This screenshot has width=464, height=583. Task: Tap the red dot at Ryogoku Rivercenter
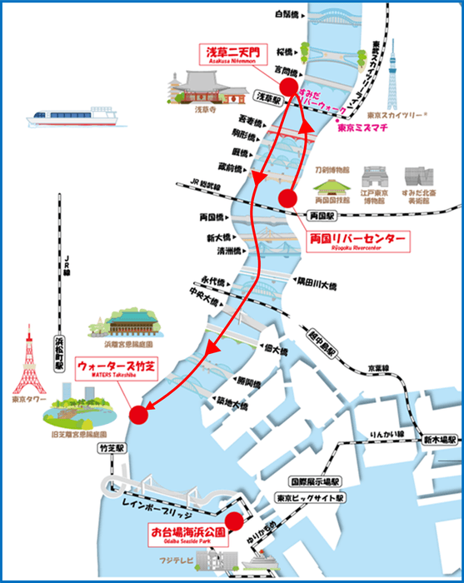pos(288,198)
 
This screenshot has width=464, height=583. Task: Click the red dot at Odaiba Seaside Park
pos(234,521)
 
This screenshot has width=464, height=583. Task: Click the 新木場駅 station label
pos(434,438)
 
